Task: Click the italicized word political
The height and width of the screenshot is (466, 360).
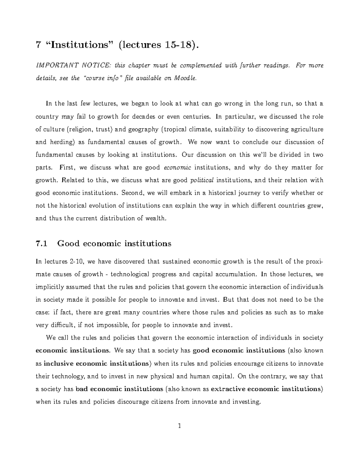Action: [x=202, y=180]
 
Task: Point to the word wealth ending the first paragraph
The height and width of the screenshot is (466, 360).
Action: [x=155, y=218]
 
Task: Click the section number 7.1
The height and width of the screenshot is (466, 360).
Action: [x=41, y=243]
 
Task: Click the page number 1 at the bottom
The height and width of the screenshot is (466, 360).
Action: [x=179, y=426]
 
